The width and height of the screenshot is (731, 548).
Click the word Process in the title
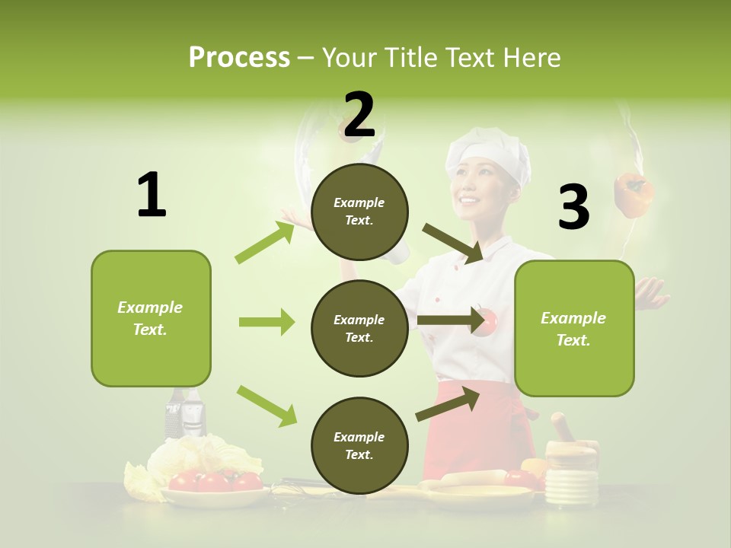tap(239, 58)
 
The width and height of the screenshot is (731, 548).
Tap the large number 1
tap(152, 196)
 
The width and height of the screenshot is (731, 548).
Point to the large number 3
tap(573, 207)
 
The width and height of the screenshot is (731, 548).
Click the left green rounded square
tap(151, 318)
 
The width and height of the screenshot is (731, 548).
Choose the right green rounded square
tap(574, 329)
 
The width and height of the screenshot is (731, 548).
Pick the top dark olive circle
tap(359, 212)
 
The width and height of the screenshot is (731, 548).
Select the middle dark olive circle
tap(359, 329)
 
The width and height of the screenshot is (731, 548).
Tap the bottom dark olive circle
tap(359, 446)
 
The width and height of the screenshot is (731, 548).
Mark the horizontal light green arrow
tap(267, 322)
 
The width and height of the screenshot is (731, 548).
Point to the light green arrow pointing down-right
tap(267, 406)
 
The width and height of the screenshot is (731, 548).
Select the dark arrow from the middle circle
tap(452, 320)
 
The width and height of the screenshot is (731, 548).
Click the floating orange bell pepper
tap(634, 195)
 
